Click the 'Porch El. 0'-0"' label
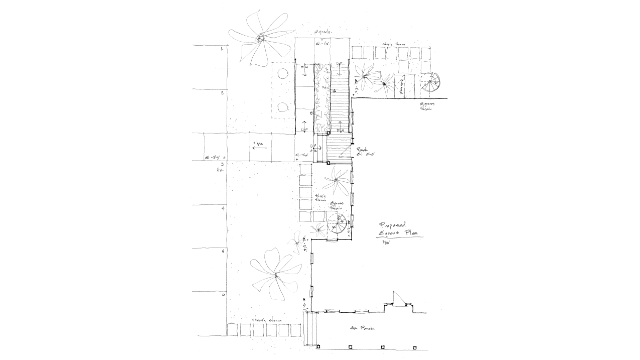(365, 152)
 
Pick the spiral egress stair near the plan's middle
(339, 226)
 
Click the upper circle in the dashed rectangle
(282, 75)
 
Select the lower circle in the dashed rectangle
(282, 106)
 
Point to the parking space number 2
(222, 93)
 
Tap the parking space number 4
(223, 208)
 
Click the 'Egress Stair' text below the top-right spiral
(426, 107)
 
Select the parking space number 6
(223, 295)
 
